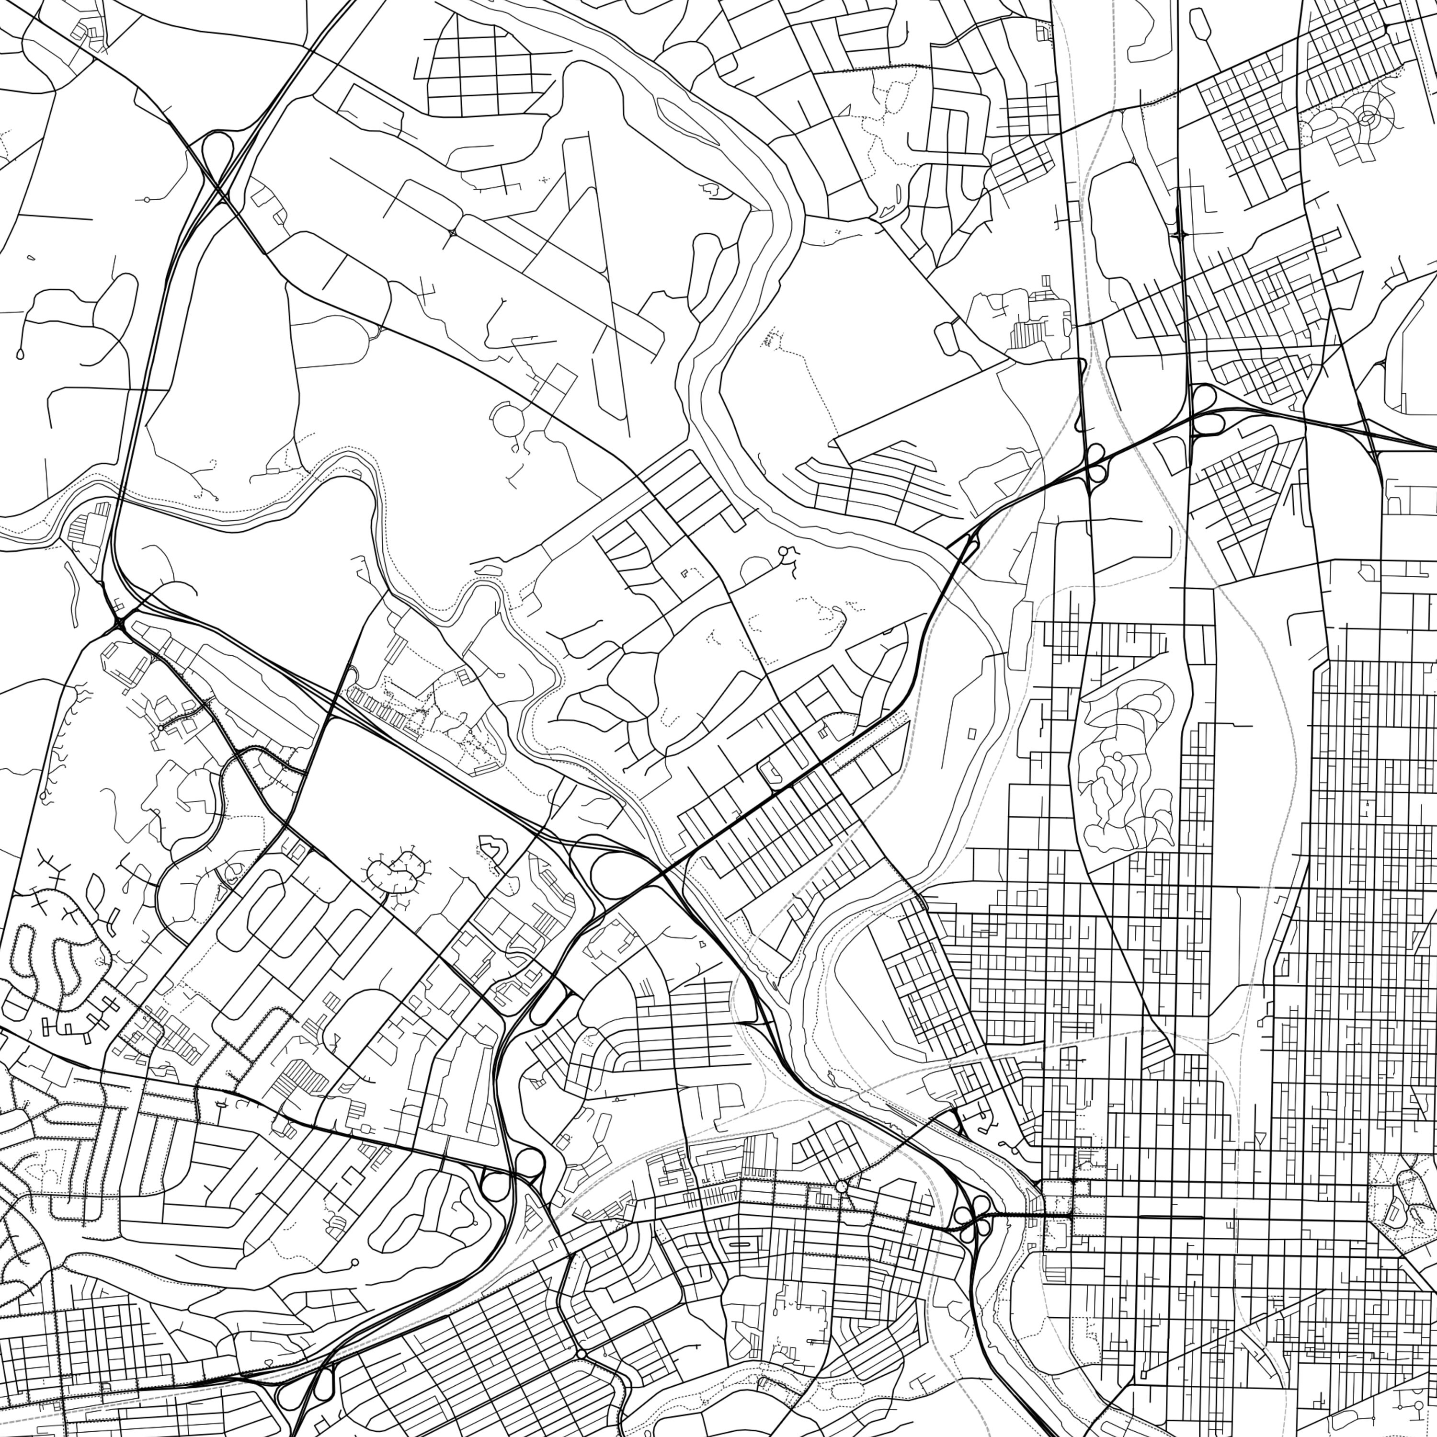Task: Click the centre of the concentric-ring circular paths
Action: coord(1367,117)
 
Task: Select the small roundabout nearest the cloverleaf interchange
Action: coord(841,1186)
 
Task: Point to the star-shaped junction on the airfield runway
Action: coord(452,233)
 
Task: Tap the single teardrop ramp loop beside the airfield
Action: coord(215,149)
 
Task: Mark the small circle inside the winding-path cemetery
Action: coord(1117,756)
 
